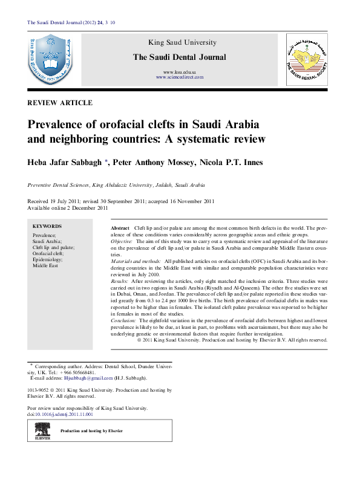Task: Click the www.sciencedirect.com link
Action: point(179,77)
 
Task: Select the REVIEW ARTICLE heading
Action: point(60,103)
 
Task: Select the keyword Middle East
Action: point(46,265)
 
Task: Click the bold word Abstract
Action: point(120,227)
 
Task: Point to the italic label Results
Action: point(119,282)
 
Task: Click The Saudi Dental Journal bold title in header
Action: point(179,57)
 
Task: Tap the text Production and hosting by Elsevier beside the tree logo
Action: point(91,430)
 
